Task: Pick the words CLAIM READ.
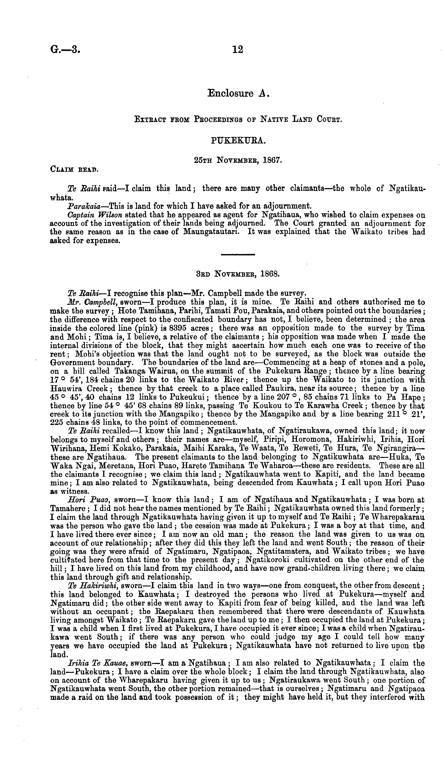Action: pos(74,169)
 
